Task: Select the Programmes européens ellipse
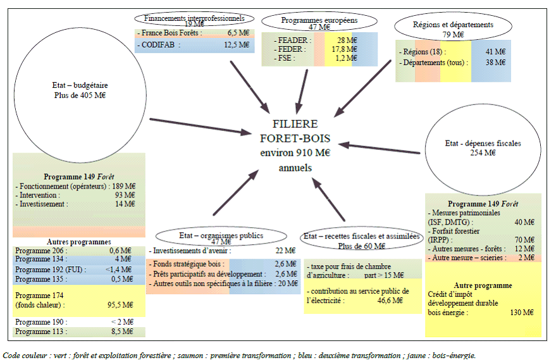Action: (319, 23)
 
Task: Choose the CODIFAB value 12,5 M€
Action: (237, 44)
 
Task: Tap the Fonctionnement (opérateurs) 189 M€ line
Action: (75, 186)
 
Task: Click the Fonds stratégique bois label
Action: (185, 264)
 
